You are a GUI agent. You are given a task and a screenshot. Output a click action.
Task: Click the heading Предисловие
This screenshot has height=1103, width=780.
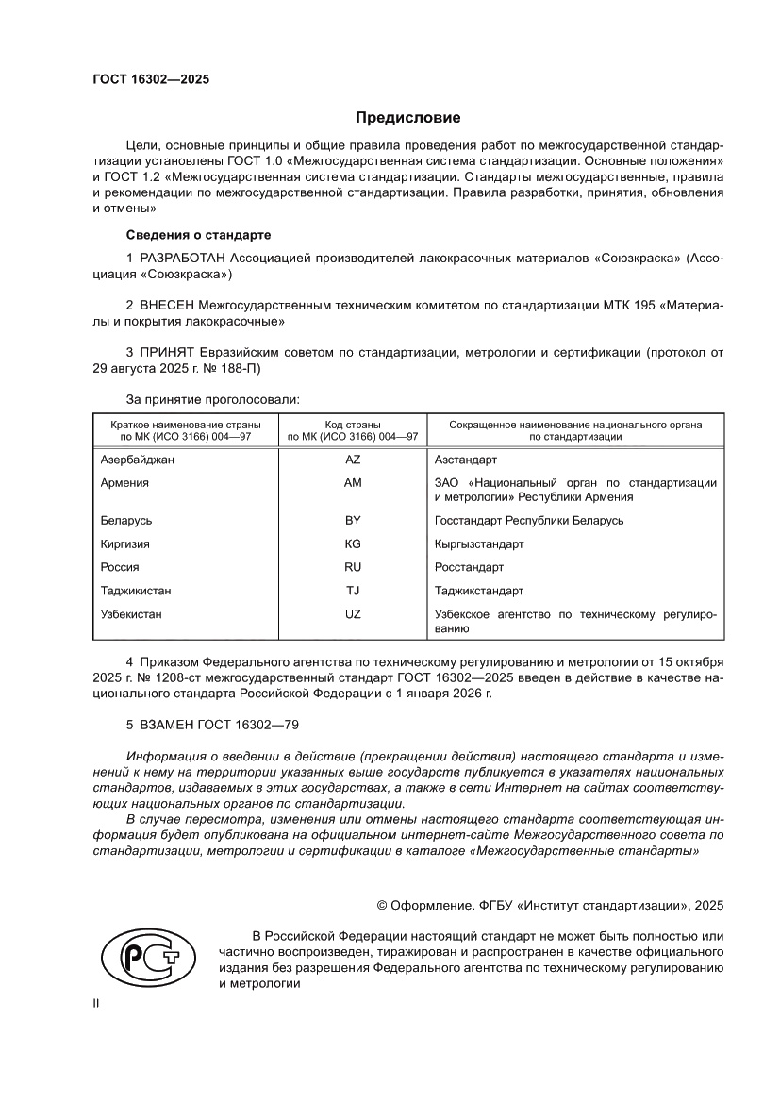[407, 118]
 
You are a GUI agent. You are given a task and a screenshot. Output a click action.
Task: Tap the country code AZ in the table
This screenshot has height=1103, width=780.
[353, 460]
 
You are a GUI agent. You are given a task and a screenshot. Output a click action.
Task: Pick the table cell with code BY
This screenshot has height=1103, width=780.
[353, 520]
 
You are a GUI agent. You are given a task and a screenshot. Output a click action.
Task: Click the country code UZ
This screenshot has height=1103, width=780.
[353, 614]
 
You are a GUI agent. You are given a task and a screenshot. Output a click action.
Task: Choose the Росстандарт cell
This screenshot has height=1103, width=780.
[469, 567]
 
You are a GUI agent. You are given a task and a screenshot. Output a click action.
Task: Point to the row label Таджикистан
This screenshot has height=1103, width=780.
[136, 591]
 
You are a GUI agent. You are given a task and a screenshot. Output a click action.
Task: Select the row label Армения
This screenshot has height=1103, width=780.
[124, 482]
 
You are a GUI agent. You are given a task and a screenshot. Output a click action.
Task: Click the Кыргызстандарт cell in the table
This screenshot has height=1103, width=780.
[478, 544]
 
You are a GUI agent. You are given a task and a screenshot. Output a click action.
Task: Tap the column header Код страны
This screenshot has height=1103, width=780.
[353, 426]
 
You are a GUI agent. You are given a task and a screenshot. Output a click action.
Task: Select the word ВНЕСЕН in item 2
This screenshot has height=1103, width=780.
[168, 306]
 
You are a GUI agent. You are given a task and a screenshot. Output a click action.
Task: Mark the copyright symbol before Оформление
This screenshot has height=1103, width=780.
[382, 904]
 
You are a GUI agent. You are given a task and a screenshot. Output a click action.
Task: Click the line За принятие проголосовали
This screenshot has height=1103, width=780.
[212, 399]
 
